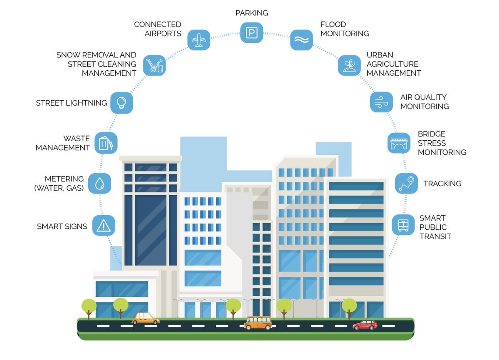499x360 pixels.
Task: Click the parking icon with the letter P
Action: click(x=252, y=32)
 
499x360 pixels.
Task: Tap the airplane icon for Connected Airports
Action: click(x=198, y=40)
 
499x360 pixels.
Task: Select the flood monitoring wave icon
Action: click(x=301, y=40)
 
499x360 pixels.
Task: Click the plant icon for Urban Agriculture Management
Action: click(x=349, y=65)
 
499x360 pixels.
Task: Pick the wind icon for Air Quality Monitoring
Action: click(x=381, y=102)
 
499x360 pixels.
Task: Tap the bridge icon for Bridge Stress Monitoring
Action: click(x=399, y=143)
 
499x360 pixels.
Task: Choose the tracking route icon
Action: click(x=406, y=183)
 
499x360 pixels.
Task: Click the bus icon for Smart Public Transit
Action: click(x=403, y=225)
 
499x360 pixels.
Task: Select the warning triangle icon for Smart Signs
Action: click(x=103, y=226)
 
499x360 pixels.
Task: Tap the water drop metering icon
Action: click(x=99, y=184)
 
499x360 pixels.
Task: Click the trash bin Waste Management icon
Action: click(x=106, y=143)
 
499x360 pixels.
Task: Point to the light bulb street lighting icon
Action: click(x=121, y=102)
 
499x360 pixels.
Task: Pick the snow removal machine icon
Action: click(x=154, y=65)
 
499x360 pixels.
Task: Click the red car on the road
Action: click(x=365, y=325)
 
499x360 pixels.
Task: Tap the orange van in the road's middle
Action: click(x=258, y=323)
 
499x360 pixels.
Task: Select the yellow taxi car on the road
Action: click(x=146, y=319)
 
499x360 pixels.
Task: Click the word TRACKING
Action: click(x=442, y=184)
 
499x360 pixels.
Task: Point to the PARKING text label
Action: click(x=251, y=13)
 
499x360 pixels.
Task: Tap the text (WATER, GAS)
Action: click(x=59, y=188)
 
